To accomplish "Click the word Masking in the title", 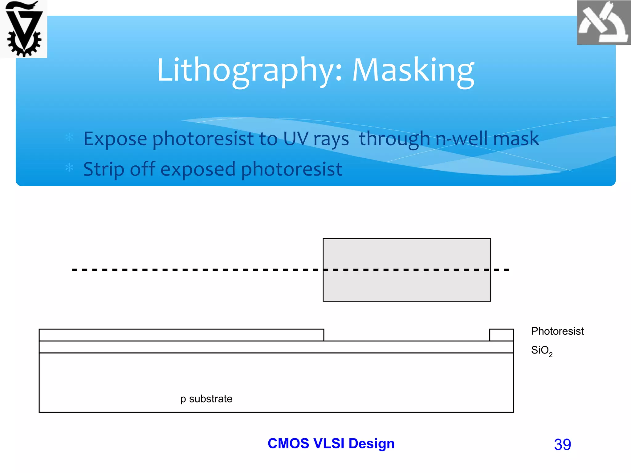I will [413, 71].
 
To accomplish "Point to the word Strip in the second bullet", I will [104, 169].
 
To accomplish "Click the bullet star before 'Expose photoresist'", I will [69, 137].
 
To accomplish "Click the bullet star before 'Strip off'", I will [69, 168].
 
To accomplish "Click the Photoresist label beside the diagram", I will [557, 331].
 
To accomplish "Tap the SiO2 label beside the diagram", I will [541, 350].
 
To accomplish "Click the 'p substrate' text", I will [206, 399].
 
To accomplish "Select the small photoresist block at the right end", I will [501, 335].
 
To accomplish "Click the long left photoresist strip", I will [181, 335].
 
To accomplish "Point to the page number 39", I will [562, 444].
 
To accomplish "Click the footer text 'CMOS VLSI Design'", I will [331, 443].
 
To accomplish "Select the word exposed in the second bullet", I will [198, 169].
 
